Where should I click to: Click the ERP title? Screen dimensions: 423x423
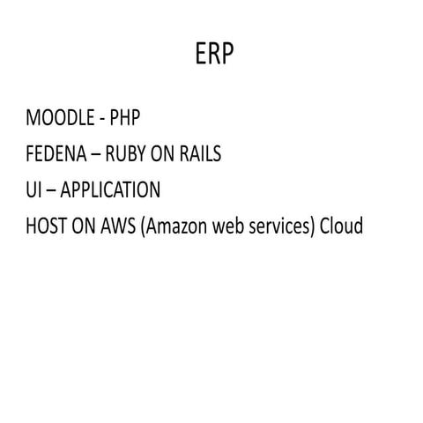pos(214,53)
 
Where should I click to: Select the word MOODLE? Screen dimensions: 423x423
pos(60,117)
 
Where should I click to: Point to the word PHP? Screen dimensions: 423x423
pos(125,117)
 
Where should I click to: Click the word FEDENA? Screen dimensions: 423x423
pos(56,153)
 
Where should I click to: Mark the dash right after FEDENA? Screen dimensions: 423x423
pos(96,155)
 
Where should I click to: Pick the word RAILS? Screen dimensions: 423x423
pos(200,153)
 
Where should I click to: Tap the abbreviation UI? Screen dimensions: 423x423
pos(33,189)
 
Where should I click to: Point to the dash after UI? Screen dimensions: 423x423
pos(51,191)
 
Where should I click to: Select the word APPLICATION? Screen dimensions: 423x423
pos(110,189)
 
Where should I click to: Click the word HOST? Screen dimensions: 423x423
pos(47,226)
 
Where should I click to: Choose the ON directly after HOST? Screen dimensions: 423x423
pos(84,226)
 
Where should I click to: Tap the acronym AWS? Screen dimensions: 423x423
pos(118,226)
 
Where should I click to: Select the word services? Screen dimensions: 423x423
pos(278,226)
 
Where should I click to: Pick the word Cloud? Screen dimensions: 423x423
pos(341,226)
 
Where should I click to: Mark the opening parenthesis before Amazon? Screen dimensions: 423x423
pos(143,226)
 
